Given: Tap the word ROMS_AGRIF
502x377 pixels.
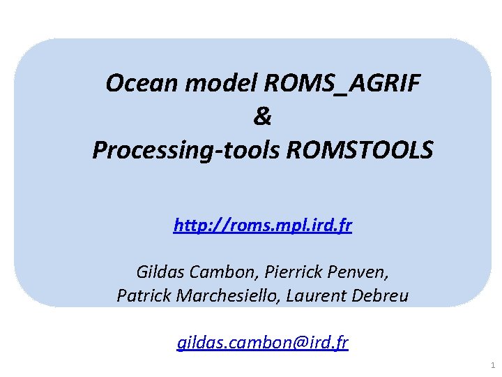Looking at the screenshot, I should click(342, 84).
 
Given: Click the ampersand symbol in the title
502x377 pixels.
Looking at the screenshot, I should click(263, 117).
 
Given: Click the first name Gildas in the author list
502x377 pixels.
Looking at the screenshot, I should click(157, 270).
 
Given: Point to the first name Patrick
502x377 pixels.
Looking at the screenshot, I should click(142, 296).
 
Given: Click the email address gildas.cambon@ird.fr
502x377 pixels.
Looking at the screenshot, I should click(263, 343).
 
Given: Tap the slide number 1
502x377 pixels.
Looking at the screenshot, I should click(492, 365).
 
